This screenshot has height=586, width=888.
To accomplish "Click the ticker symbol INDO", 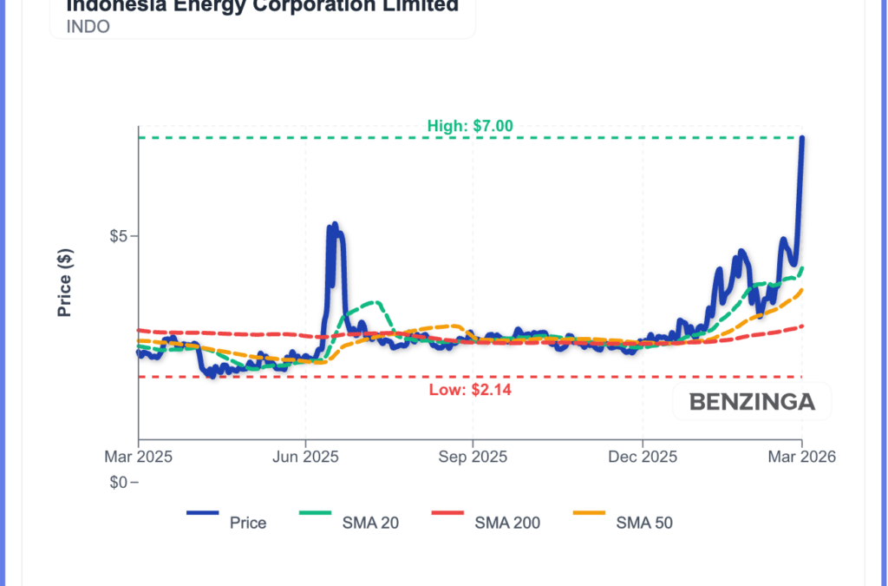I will coord(88,26).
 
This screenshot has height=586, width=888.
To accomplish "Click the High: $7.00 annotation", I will coord(470,126).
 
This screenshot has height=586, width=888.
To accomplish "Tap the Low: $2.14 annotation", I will coord(470,390).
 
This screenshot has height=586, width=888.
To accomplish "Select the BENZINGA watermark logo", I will coord(752,402).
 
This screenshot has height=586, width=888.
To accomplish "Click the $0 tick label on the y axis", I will coord(122,482).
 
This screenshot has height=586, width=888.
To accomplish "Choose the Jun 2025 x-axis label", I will coord(305,457).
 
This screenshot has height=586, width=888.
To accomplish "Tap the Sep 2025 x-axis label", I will coord(473,457).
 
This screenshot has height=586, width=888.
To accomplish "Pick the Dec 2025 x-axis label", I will coord(642,457).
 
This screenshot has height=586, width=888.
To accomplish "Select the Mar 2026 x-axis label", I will coord(801,457).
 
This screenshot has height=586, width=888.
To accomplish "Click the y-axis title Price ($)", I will coord(64,283).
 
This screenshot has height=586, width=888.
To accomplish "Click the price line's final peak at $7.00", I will coord(802,139).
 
